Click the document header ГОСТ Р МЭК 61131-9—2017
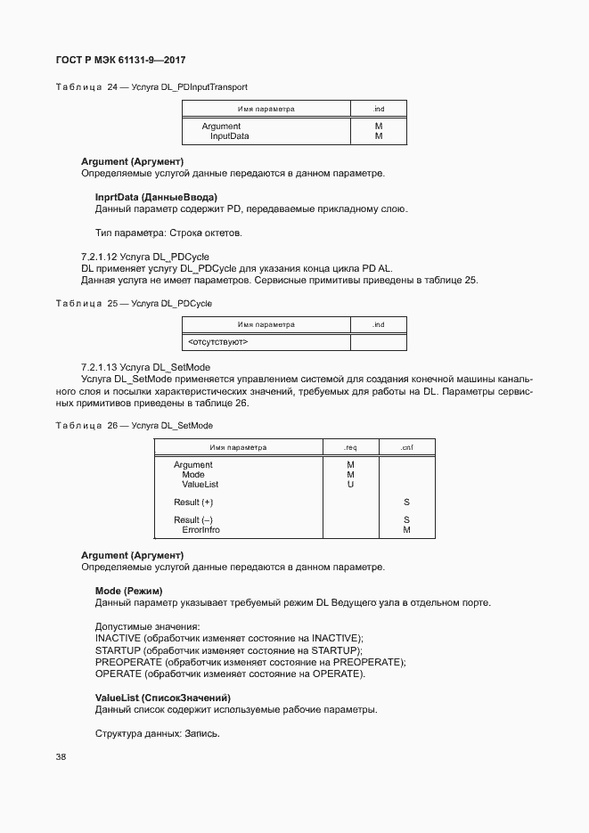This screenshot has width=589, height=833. click(120, 61)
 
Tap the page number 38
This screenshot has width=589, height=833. click(61, 756)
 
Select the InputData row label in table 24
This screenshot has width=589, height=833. click(229, 136)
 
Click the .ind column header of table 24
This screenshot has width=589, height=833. click(378, 109)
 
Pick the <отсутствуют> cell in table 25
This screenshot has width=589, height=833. click(218, 341)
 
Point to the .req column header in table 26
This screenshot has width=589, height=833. click(350, 447)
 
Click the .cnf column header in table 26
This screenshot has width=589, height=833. click(406, 447)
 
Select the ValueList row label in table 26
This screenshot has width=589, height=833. click(200, 485)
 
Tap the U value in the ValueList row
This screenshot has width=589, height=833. click(350, 485)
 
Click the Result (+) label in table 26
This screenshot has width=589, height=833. click(193, 502)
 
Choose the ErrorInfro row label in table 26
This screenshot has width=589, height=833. click(200, 530)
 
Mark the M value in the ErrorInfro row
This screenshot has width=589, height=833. click(406, 530)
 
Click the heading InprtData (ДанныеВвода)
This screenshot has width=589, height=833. click(156, 196)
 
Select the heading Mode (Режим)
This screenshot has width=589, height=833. click(128, 591)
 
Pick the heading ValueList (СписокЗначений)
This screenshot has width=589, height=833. click(162, 697)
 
